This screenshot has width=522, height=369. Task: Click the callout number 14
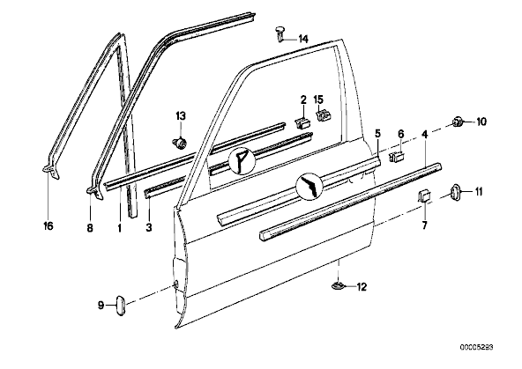[303, 39]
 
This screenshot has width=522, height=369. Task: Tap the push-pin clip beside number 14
[280, 34]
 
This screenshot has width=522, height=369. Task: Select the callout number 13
[181, 116]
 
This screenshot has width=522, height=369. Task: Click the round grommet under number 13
[179, 144]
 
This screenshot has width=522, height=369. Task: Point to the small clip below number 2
[302, 122]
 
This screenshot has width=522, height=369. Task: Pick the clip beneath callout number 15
[323, 116]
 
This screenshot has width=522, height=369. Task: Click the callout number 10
[481, 122]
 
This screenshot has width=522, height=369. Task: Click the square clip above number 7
[423, 196]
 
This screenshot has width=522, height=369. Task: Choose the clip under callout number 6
[397, 156]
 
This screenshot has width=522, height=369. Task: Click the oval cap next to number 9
[120, 305]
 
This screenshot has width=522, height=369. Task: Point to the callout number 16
[48, 226]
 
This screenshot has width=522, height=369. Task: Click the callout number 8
[90, 228]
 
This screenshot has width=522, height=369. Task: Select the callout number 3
[148, 227]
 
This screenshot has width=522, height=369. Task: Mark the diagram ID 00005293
[477, 348]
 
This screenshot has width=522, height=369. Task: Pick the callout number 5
[377, 134]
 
